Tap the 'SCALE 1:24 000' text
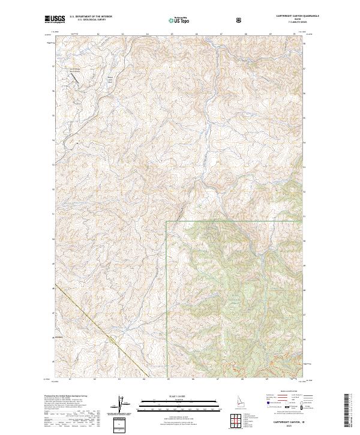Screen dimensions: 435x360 click(171, 395)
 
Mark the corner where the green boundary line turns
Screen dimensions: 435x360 click(166, 221)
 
